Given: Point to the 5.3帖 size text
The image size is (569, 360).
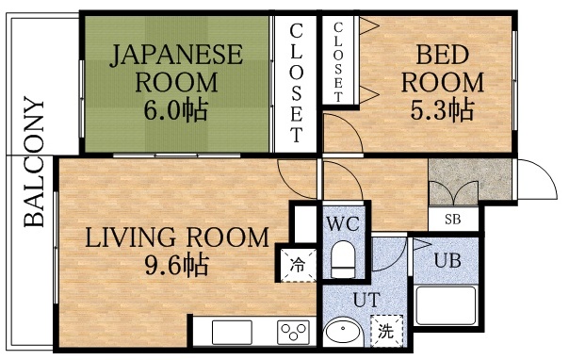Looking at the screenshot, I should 439,109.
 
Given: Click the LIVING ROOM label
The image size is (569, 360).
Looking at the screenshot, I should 177,237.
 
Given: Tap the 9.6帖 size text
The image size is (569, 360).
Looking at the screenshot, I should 176,263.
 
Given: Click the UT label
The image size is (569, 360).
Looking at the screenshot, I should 366,301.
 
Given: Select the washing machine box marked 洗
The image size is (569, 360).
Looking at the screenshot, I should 385,331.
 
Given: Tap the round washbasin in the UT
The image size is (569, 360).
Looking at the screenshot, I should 344,335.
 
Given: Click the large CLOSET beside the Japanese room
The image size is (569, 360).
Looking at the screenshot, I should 296,82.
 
